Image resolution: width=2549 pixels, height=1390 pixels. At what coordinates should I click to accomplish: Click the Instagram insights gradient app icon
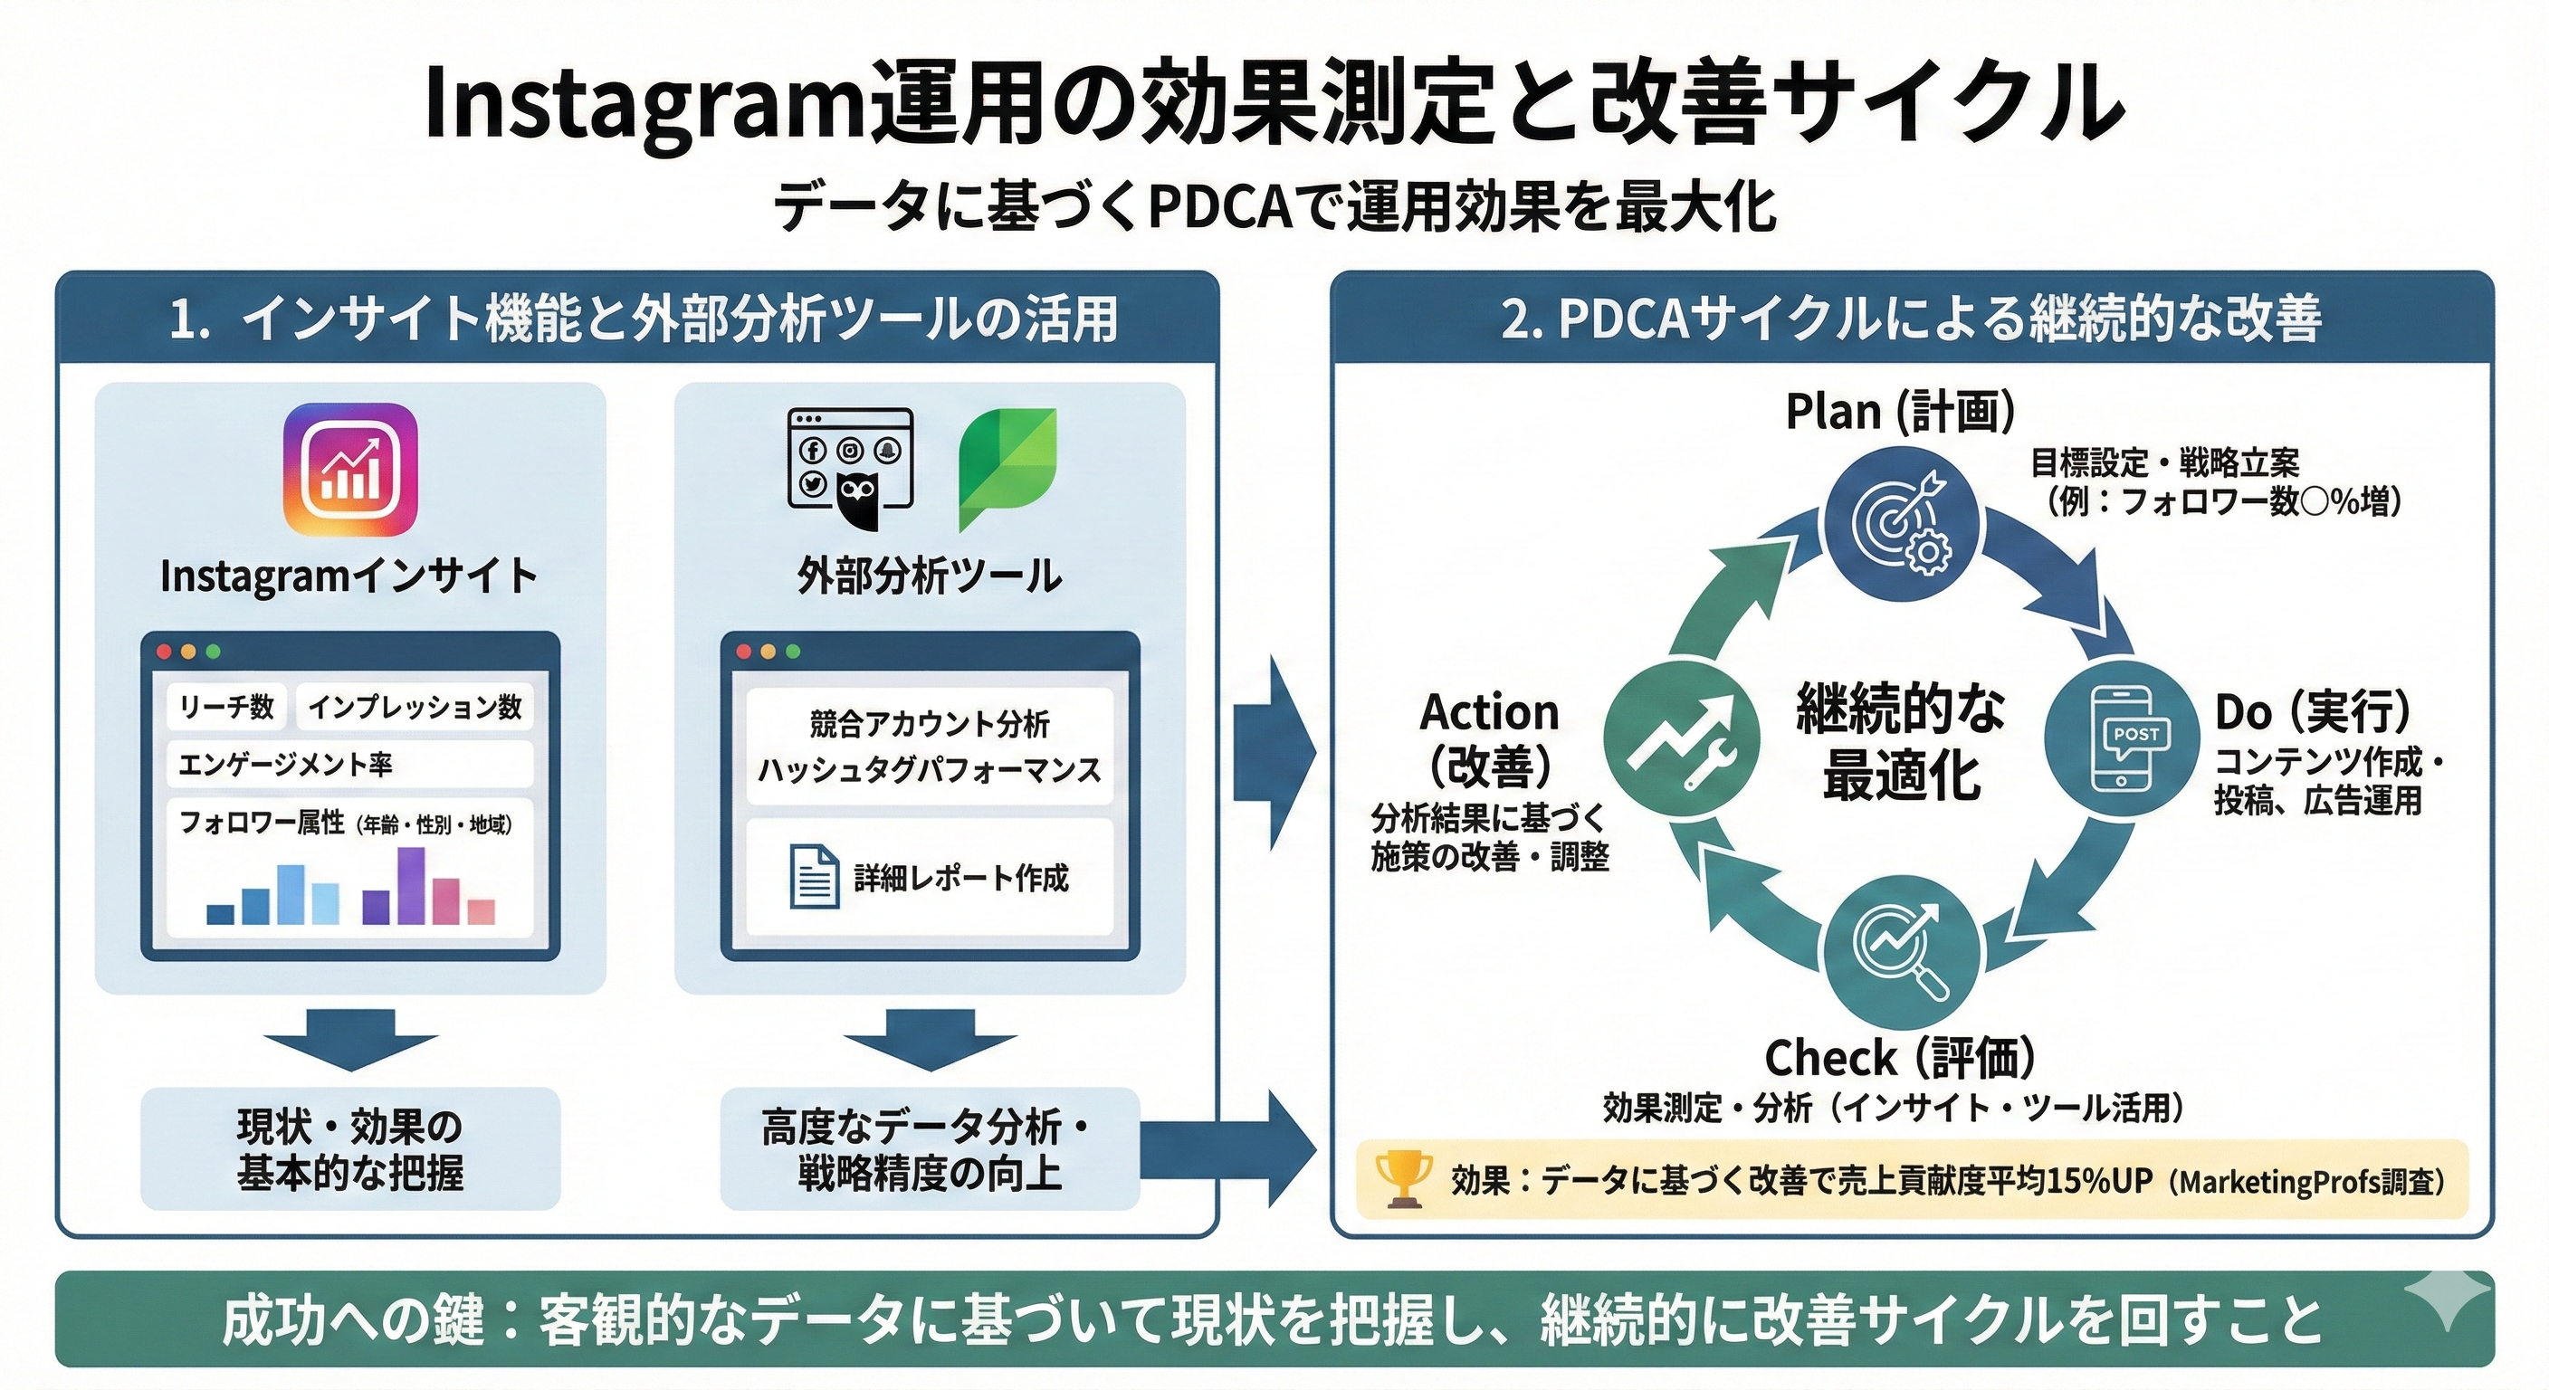[350, 470]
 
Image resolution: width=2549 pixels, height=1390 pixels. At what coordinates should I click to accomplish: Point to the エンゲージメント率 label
[286, 764]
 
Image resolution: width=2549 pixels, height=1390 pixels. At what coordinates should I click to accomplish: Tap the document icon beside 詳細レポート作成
[815, 876]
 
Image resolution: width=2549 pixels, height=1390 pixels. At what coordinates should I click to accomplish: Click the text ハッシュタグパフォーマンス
[929, 771]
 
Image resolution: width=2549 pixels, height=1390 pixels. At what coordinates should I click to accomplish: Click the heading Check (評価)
[1900, 1058]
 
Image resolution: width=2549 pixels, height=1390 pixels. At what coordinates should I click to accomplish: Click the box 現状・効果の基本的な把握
[350, 1149]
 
